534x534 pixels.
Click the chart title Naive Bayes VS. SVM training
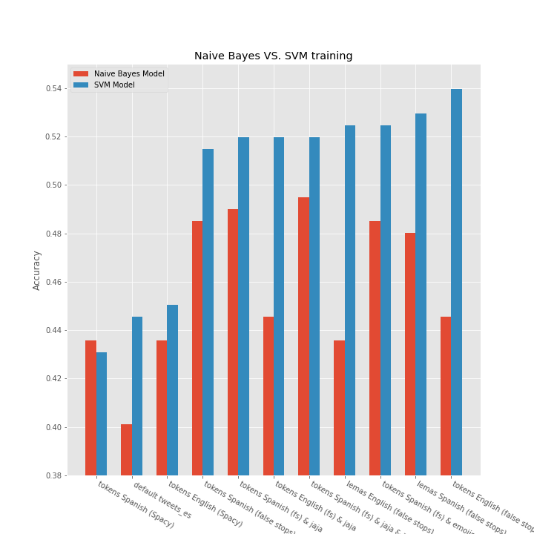point(273,56)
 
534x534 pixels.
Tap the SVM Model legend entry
point(114,85)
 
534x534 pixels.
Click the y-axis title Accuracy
point(37,270)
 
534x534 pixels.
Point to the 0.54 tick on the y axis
point(55,89)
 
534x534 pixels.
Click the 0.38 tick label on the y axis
point(55,475)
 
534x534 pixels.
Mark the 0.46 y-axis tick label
point(55,283)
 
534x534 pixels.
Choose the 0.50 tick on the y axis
point(55,185)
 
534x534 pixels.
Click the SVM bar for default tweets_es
point(137,396)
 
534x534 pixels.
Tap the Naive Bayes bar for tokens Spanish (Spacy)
point(90,408)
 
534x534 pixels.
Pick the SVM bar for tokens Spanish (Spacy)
point(102,414)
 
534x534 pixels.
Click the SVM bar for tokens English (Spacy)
point(173,390)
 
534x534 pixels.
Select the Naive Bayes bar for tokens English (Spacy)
point(162,408)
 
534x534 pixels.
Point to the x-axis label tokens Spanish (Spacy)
point(136,504)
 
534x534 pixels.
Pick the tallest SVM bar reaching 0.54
point(456,282)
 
